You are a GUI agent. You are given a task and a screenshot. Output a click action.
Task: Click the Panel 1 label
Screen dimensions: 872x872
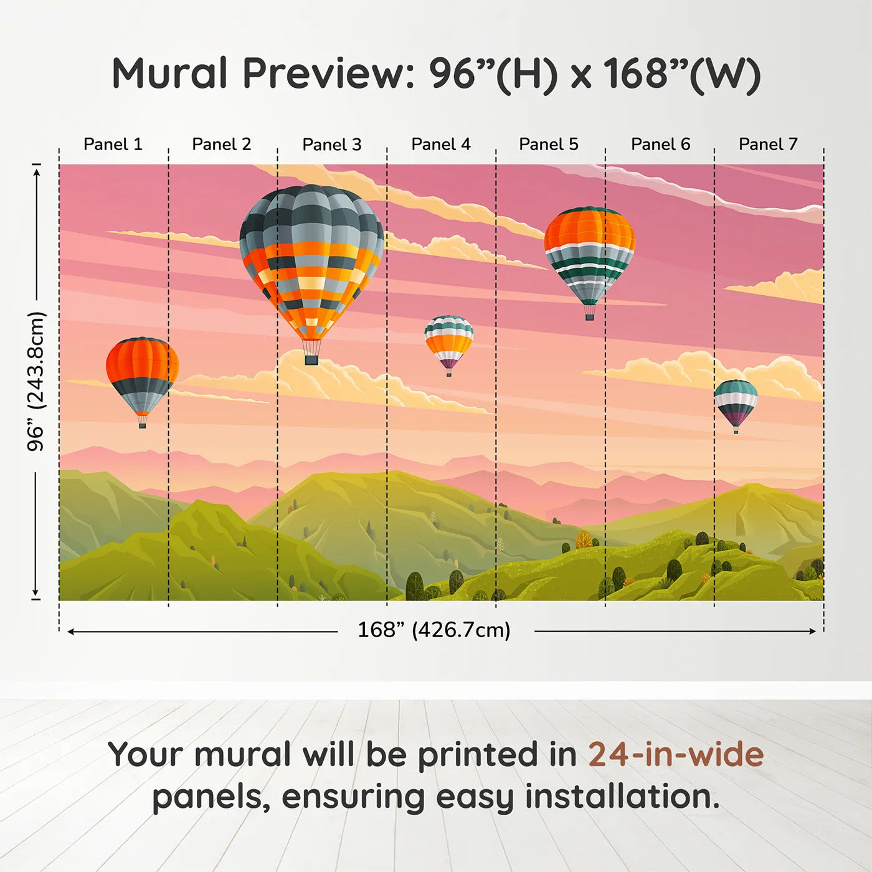(x=113, y=145)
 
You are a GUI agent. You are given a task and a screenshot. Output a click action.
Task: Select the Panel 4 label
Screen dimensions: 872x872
(x=441, y=145)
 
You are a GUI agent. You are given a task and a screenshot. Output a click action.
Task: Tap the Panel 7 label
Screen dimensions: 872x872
(x=768, y=145)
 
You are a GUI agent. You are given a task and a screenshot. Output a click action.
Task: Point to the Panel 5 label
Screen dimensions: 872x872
(x=549, y=145)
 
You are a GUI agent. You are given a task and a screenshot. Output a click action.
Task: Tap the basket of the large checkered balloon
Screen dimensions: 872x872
(x=311, y=360)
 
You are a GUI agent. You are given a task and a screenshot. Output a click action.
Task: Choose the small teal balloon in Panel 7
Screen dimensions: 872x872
(x=736, y=401)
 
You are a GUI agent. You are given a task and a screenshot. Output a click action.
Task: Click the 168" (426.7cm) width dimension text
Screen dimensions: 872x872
(x=434, y=630)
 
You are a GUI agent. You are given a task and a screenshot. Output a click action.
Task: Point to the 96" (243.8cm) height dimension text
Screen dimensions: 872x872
(x=36, y=381)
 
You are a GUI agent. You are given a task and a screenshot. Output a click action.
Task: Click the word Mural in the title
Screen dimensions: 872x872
(x=169, y=73)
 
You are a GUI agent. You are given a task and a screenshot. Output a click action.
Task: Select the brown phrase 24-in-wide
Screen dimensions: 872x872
(x=676, y=755)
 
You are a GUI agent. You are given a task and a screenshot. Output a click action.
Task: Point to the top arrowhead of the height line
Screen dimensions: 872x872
(x=36, y=170)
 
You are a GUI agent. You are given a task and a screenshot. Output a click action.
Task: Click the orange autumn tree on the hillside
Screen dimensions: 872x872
(x=584, y=539)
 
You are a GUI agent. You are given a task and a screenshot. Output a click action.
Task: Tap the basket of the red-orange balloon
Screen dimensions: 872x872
(x=142, y=425)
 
